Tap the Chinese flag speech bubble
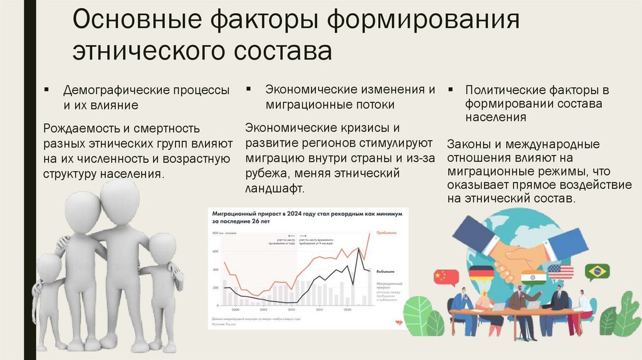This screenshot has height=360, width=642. [x=446, y=276]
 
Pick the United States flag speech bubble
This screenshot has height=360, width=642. [x=560, y=272]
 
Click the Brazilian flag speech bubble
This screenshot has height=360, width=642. [x=597, y=272]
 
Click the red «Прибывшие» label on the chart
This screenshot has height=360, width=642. [x=385, y=233]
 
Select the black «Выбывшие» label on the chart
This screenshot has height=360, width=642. [x=385, y=272]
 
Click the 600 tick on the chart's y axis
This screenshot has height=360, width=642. [x=215, y=251]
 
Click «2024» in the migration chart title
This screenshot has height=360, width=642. [x=293, y=213]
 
